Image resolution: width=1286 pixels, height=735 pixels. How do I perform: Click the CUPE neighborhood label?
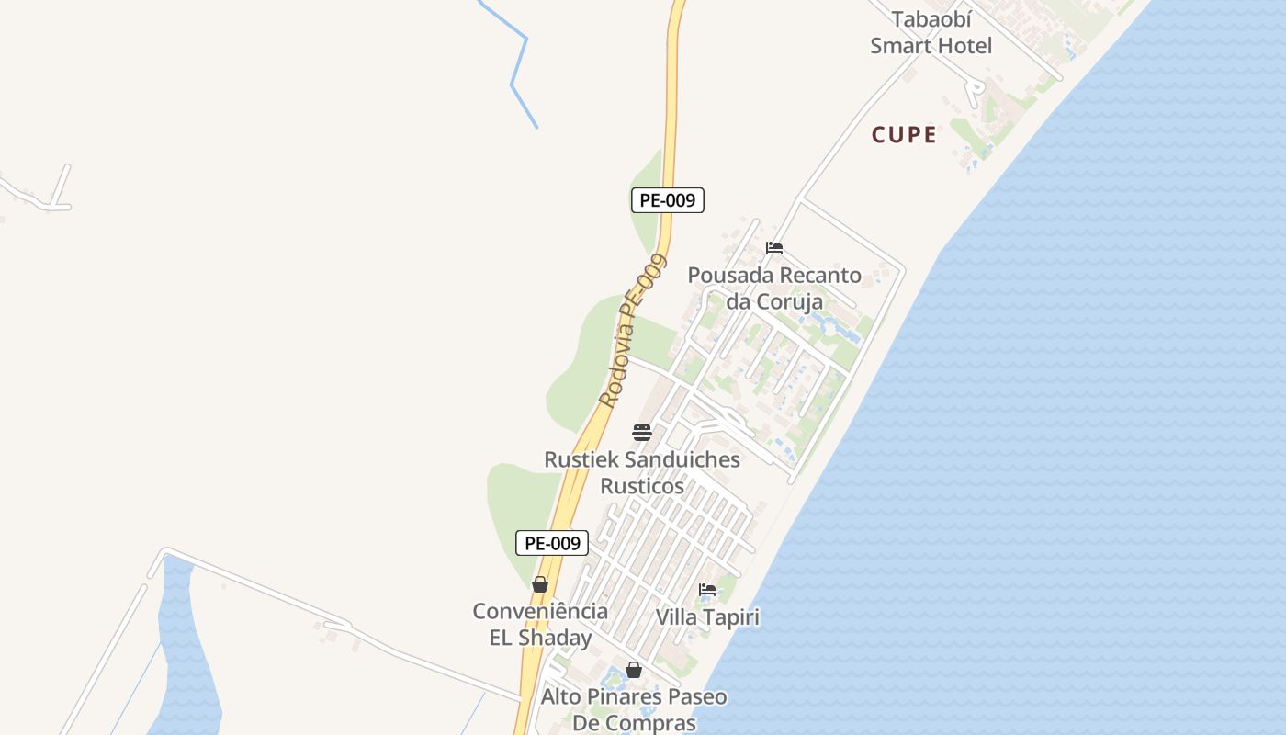click(904, 135)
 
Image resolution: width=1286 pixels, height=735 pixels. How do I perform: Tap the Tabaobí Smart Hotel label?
click(931, 33)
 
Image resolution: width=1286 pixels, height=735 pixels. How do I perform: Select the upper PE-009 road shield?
click(668, 200)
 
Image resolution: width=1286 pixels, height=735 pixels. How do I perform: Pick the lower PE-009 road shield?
click(551, 543)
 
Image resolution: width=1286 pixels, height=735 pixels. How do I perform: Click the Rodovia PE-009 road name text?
click(632, 331)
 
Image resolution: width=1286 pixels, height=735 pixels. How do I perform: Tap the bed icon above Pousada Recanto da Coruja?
click(774, 248)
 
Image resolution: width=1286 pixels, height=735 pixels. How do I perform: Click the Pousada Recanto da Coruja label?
click(774, 288)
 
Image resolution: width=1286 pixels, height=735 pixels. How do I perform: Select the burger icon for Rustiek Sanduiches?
click(642, 433)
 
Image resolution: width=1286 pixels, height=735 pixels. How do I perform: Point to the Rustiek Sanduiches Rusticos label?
click(642, 472)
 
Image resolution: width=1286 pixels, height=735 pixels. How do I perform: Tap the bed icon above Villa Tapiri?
click(707, 590)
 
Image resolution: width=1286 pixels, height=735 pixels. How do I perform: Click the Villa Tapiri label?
click(707, 616)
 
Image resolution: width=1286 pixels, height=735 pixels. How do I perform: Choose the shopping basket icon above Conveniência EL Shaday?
click(540, 584)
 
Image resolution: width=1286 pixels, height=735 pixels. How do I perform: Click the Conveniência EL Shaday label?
click(540, 624)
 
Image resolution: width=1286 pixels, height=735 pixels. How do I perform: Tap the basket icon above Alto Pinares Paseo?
click(634, 670)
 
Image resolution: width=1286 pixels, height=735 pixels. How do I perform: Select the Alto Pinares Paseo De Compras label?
click(634, 709)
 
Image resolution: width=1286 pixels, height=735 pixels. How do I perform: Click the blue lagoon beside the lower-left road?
click(188, 661)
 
